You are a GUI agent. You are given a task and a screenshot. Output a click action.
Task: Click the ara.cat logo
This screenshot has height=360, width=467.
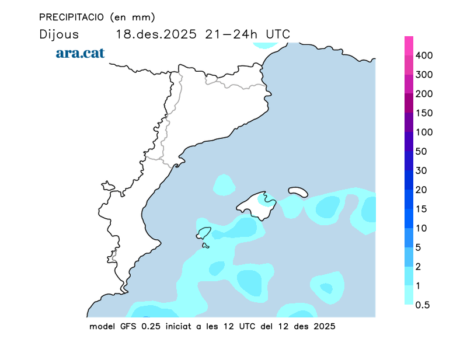click(81, 53)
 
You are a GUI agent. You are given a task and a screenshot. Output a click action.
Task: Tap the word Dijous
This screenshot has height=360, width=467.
click(59, 34)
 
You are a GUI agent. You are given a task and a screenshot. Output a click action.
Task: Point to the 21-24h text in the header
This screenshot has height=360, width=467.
click(232, 34)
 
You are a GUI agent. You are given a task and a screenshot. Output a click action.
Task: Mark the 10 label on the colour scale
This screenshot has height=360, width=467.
click(421, 228)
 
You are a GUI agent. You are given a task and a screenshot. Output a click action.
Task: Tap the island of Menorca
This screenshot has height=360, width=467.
click(298, 191)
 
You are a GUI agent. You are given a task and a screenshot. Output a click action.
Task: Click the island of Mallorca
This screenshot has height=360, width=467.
click(257, 205)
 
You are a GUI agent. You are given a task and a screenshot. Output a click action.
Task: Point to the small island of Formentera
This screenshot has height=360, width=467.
click(205, 246)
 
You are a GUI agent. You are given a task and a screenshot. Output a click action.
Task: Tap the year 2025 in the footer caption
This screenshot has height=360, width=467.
click(323, 326)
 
